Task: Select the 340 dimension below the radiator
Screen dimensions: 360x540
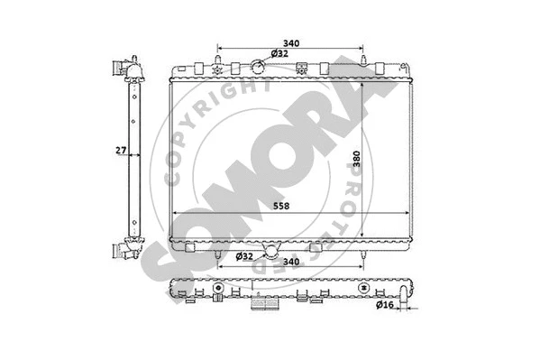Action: coord(290,263)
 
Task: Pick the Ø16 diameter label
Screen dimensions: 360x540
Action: coord(385,305)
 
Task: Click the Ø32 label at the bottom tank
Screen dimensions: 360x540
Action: coord(243,257)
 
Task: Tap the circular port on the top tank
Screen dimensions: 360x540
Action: coord(258,65)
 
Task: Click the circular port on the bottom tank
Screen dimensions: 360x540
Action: coord(270,249)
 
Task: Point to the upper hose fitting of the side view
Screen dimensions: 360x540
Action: coord(118,68)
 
